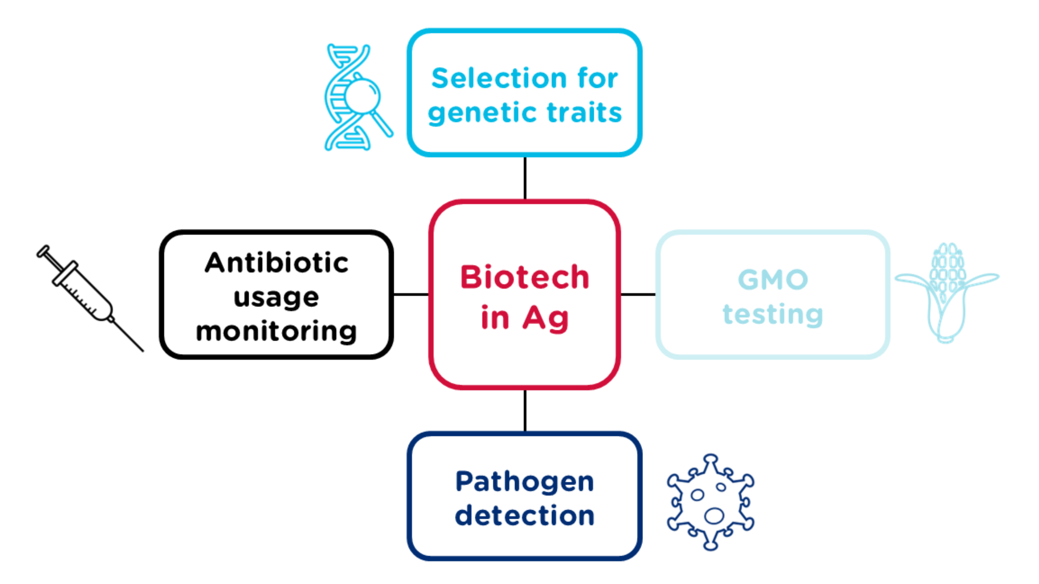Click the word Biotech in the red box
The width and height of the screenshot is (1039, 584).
(524, 277)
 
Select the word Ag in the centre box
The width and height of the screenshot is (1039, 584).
(545, 318)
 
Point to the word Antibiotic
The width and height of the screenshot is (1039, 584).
(276, 263)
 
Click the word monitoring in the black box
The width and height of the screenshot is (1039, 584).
(276, 332)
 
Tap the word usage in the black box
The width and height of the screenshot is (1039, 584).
(276, 298)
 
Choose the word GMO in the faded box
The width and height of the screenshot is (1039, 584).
(773, 279)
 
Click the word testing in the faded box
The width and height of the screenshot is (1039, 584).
(773, 314)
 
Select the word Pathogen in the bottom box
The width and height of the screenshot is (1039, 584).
(524, 482)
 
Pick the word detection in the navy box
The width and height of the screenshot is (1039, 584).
(524, 516)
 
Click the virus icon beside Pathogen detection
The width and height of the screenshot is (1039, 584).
(710, 502)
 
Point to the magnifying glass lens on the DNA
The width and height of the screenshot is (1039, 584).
(362, 97)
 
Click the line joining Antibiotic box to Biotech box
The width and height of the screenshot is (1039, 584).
(411, 294)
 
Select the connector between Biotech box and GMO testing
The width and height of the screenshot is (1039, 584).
(638, 294)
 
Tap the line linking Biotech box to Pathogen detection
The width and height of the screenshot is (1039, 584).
(525, 410)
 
